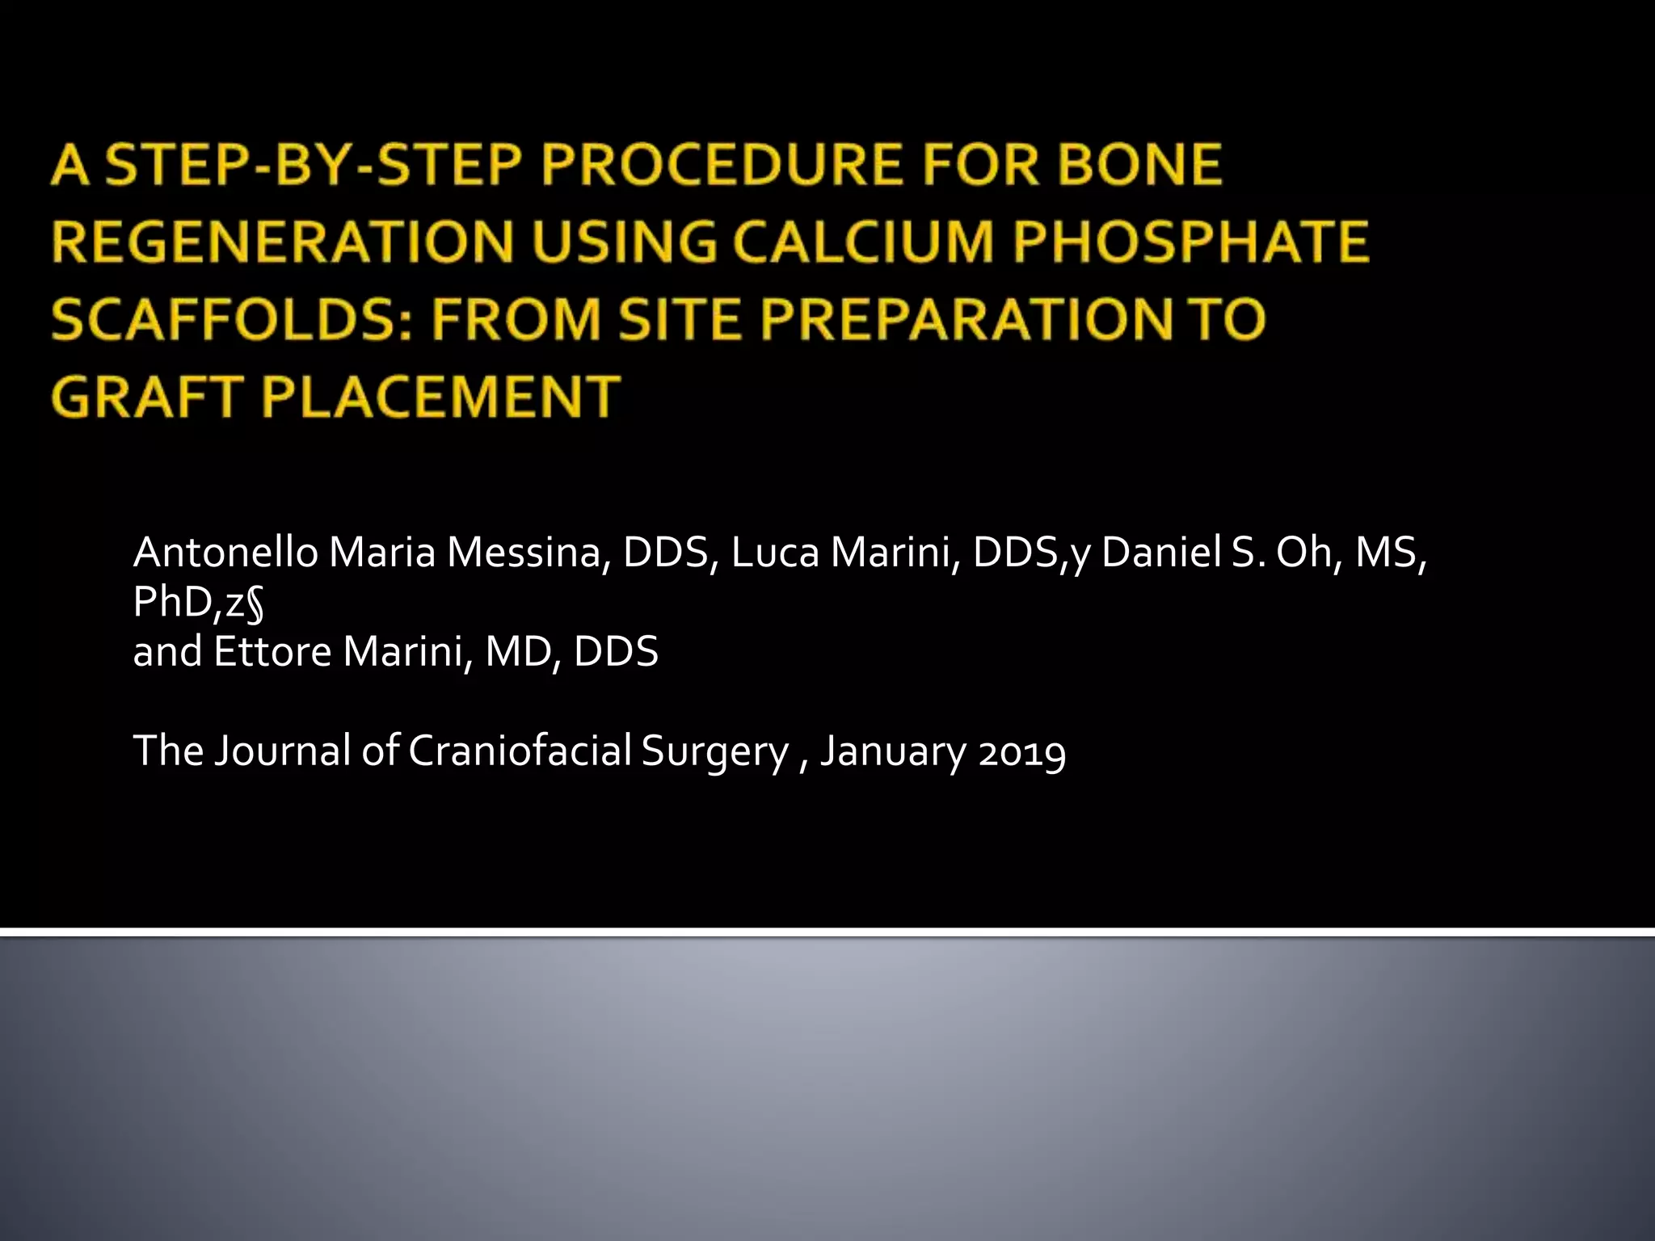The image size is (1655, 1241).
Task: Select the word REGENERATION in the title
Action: pyautogui.click(x=282, y=242)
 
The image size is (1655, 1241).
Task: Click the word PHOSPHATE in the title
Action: pyautogui.click(x=1190, y=242)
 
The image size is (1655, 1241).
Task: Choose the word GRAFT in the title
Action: pyautogui.click(x=145, y=398)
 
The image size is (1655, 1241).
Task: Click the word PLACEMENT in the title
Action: pyautogui.click(x=440, y=398)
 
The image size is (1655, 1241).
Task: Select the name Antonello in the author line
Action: pyautogui.click(x=225, y=553)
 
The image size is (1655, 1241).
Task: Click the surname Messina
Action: pyautogui.click(x=524, y=553)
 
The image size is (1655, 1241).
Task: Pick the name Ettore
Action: pyautogui.click(x=272, y=652)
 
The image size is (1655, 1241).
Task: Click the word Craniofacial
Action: pyautogui.click(x=520, y=751)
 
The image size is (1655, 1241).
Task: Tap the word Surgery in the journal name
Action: pyautogui.click(x=714, y=751)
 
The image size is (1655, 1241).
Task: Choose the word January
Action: pyautogui.click(x=893, y=751)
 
